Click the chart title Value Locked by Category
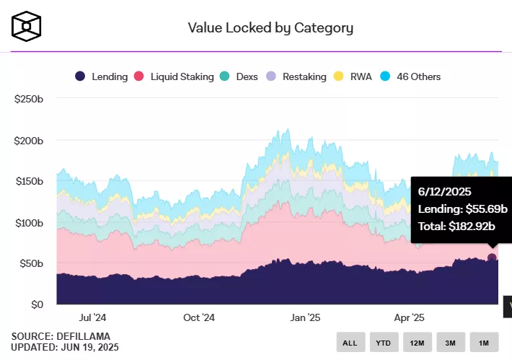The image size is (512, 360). click(270, 28)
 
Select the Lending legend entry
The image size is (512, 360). click(102, 76)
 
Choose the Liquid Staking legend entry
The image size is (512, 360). click(175, 76)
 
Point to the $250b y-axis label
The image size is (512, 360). click(29, 100)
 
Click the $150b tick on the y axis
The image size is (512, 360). click(29, 182)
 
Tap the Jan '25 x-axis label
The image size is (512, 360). click(305, 317)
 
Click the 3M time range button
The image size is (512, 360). click(451, 343)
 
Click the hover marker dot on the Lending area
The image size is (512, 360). click(492, 258)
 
